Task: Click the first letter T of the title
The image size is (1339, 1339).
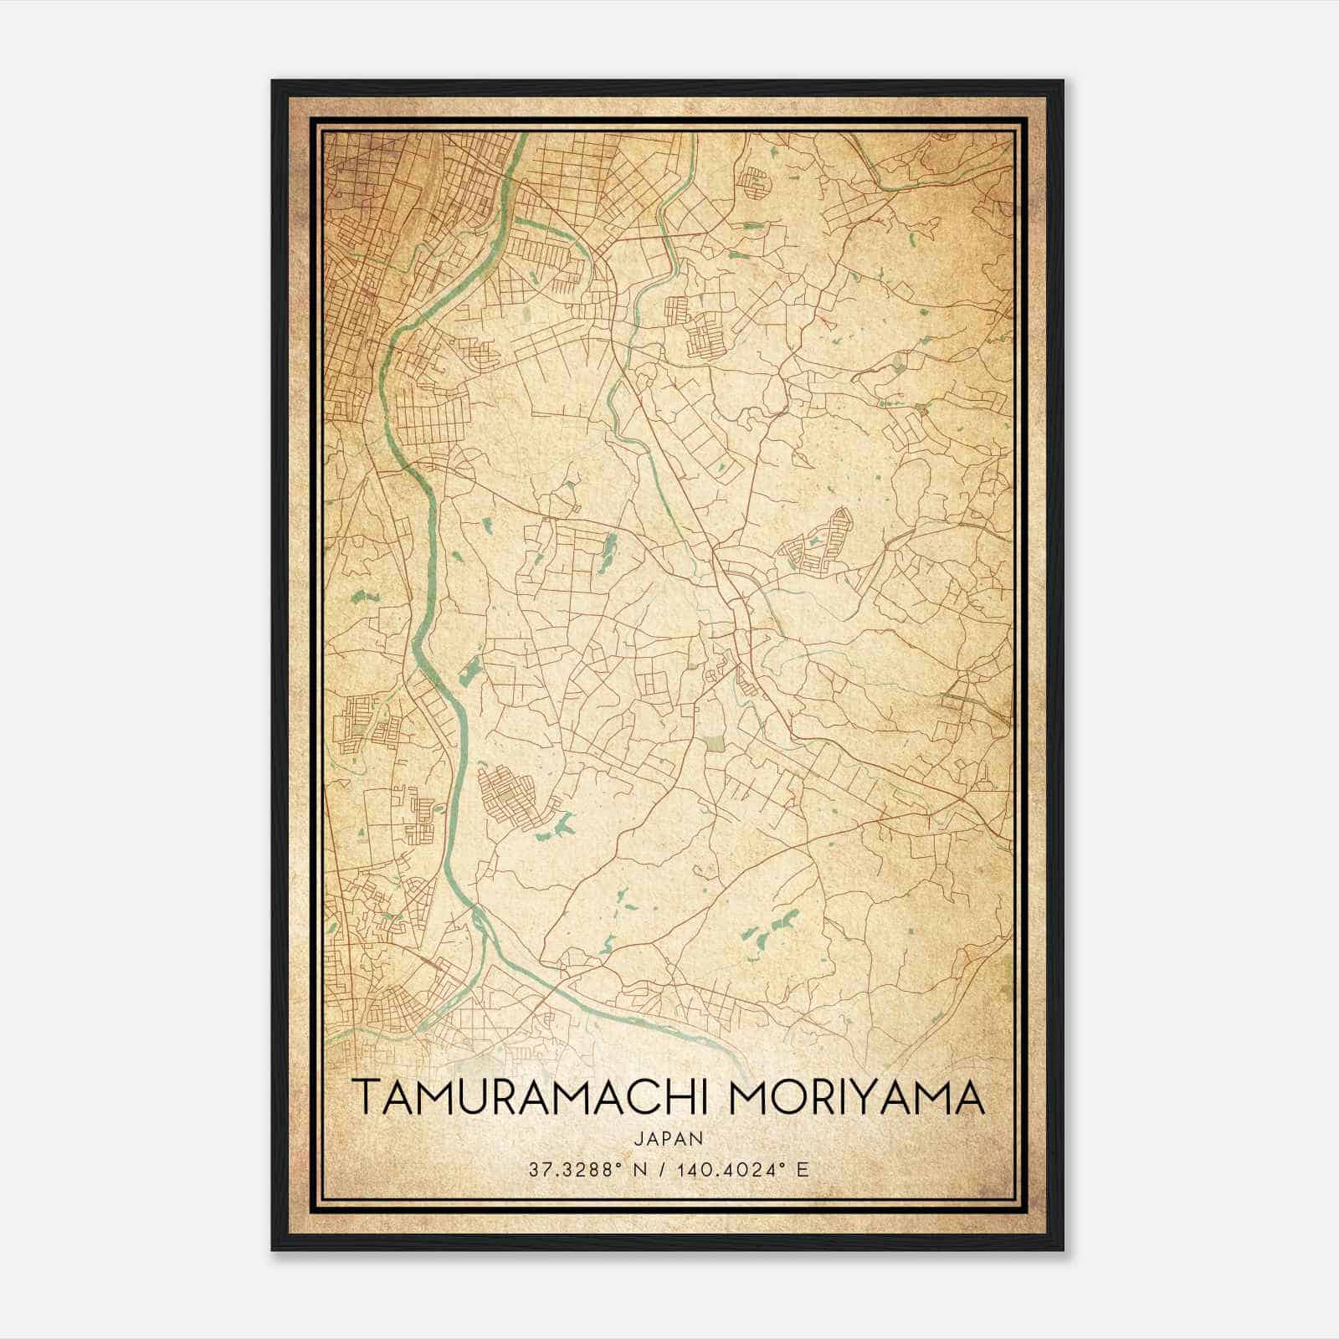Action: click(x=365, y=1097)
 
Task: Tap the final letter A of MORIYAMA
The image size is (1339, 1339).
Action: click(x=968, y=1097)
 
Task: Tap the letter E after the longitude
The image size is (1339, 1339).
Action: click(x=803, y=1170)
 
